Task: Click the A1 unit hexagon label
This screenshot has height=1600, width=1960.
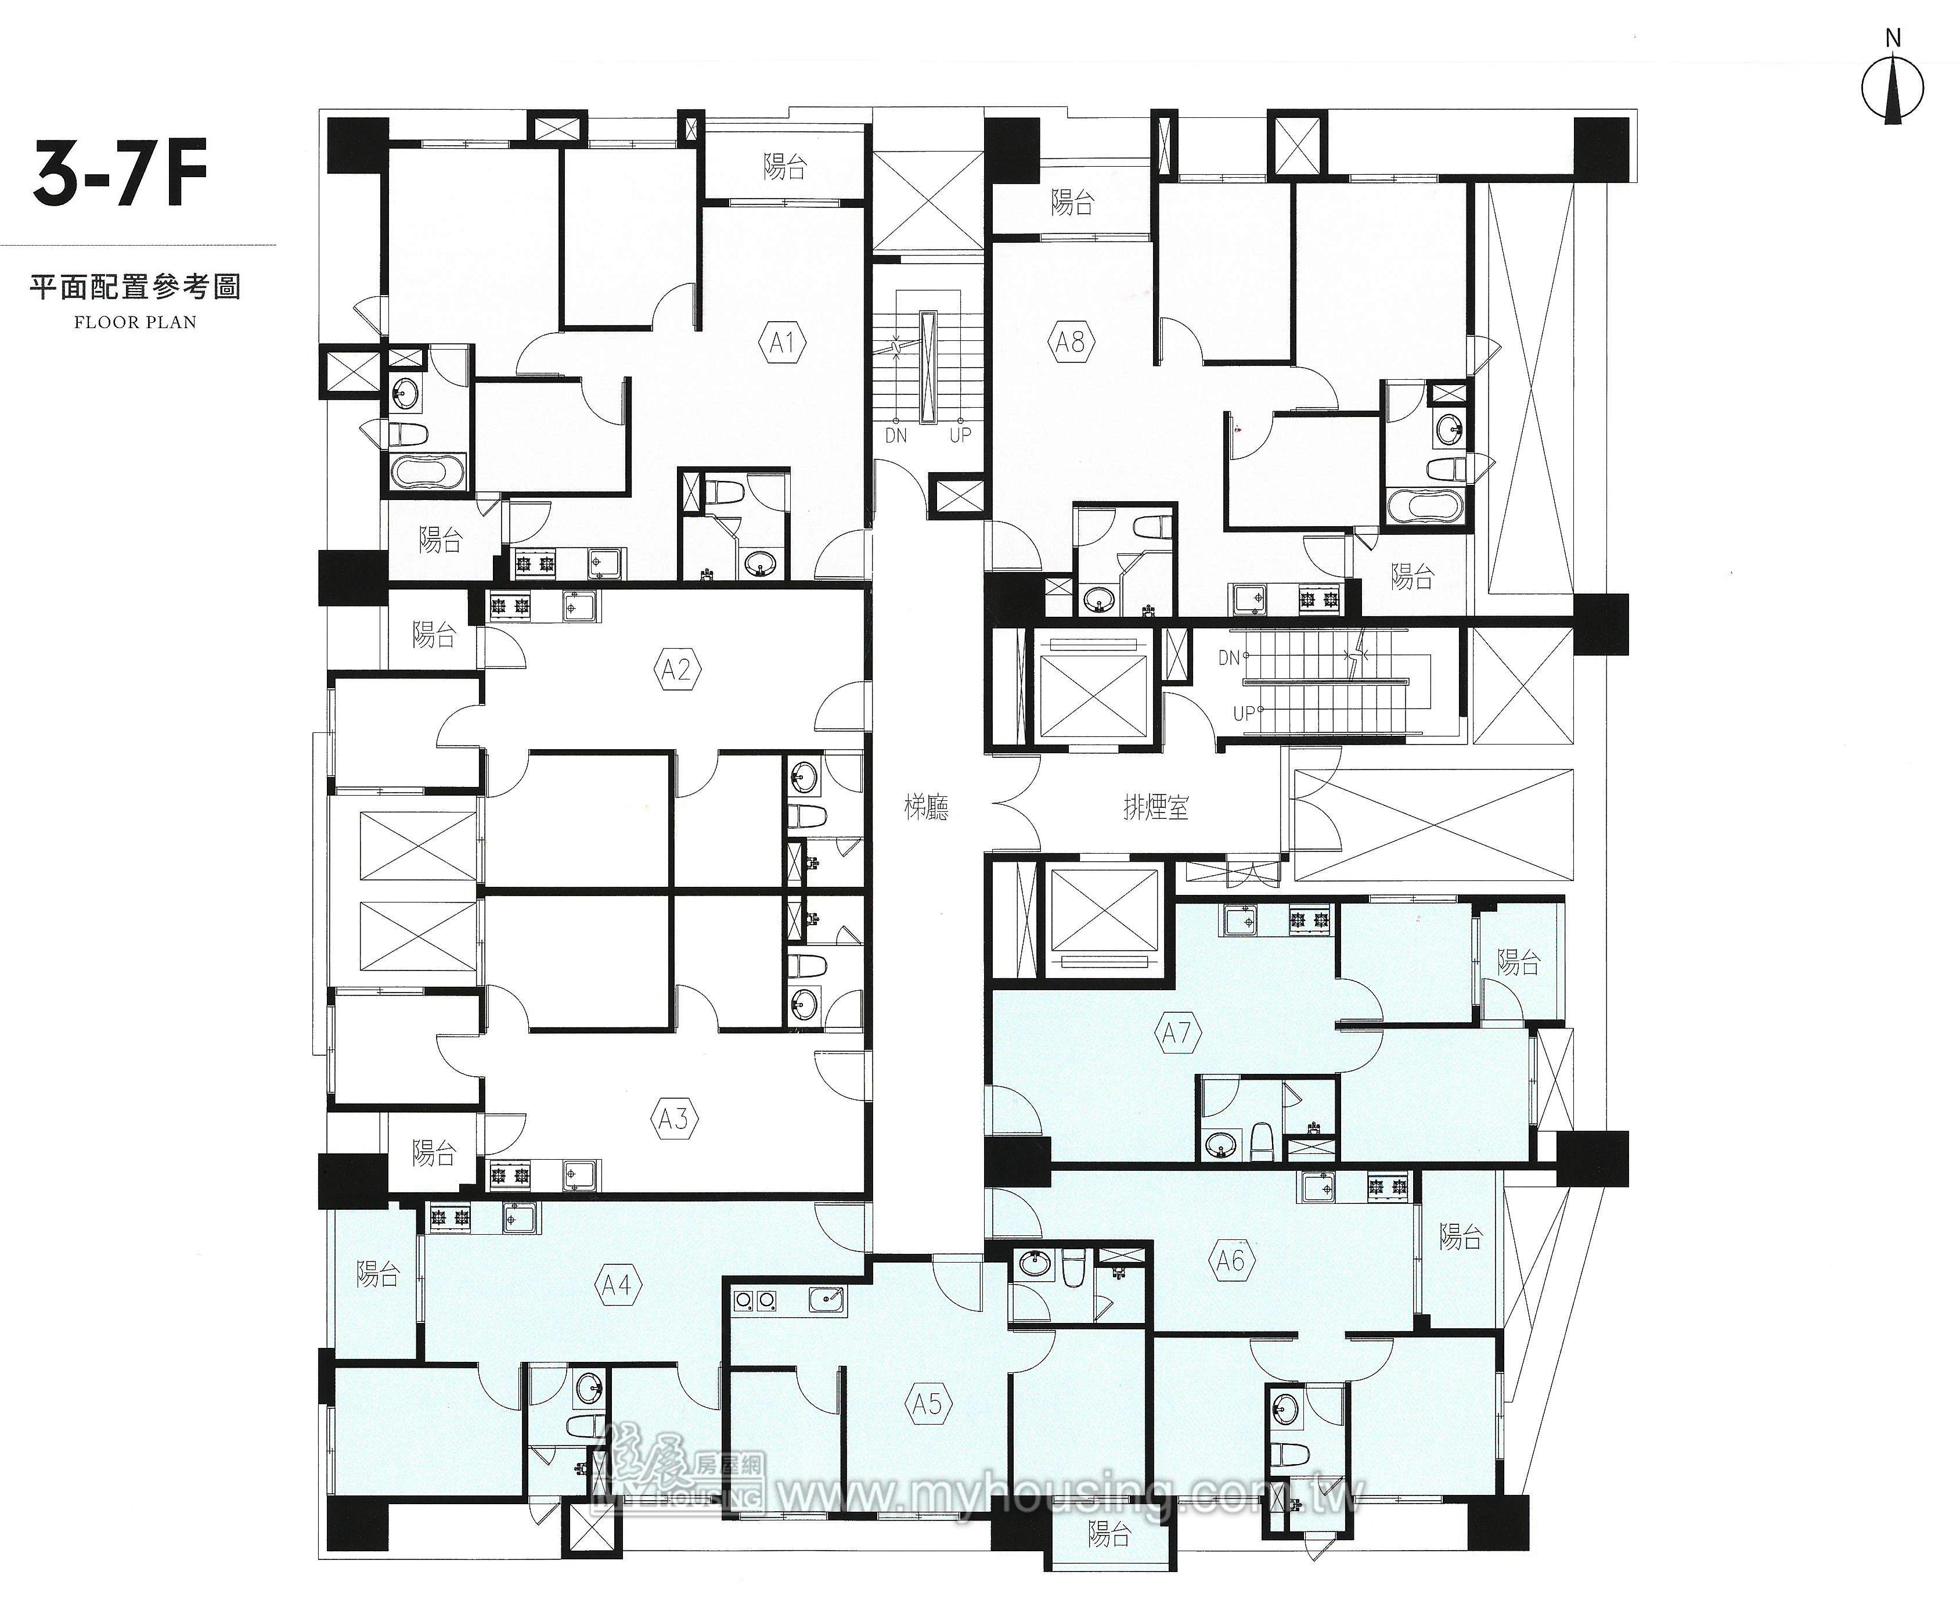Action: [x=783, y=344]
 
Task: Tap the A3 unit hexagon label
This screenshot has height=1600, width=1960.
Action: [x=673, y=1120]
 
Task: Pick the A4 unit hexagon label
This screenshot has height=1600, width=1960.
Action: [x=617, y=1285]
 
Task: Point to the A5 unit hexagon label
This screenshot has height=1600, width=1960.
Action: [x=928, y=1404]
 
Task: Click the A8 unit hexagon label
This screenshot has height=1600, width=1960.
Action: [x=1070, y=343]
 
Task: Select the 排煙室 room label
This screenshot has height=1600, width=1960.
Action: [x=1155, y=808]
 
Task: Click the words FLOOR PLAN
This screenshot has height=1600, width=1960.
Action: [x=135, y=322]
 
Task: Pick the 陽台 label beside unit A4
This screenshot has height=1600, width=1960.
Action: [x=379, y=1275]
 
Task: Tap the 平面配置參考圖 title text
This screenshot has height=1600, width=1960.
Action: [x=135, y=287]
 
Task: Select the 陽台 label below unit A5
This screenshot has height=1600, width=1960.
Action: [x=1108, y=1534]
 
